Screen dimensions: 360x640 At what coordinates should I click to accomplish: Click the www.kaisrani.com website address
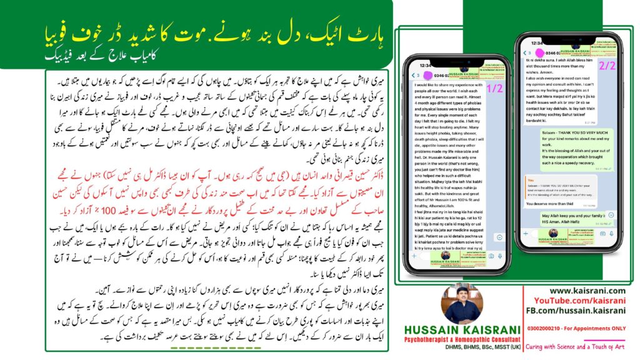point(587,291)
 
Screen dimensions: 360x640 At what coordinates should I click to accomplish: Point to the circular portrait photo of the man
point(460,304)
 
